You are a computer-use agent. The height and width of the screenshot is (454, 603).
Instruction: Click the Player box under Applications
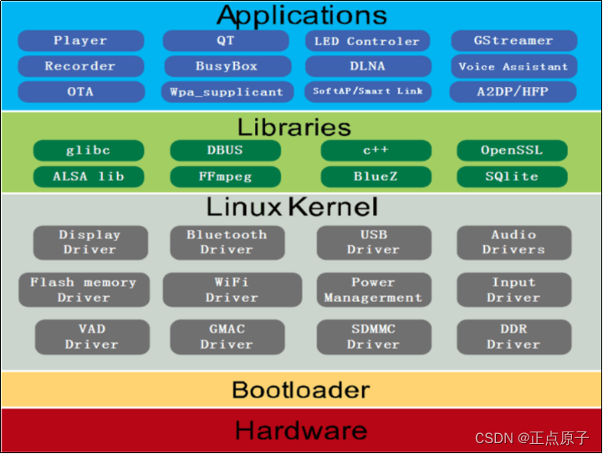(x=80, y=40)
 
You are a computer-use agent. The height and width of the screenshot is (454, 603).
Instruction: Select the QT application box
(x=226, y=40)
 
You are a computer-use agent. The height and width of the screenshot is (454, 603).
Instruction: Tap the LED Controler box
(x=367, y=41)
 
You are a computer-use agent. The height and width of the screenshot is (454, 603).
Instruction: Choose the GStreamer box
(x=514, y=40)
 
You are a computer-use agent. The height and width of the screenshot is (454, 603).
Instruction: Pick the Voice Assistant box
(x=514, y=66)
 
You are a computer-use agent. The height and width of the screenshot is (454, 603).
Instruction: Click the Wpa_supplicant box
(x=226, y=92)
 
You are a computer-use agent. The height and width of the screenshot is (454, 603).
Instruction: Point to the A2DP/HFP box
(x=514, y=92)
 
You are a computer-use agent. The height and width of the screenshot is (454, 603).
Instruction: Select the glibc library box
(x=88, y=150)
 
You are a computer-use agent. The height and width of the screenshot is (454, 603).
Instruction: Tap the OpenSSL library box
(x=512, y=150)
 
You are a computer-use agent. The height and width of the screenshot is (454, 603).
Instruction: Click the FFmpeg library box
(x=226, y=176)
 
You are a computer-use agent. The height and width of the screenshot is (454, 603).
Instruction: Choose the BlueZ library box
(x=376, y=176)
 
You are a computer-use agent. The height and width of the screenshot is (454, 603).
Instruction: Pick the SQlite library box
(x=512, y=176)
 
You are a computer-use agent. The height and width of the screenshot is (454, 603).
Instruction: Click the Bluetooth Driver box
(x=226, y=242)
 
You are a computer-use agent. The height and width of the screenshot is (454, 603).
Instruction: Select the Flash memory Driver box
(x=83, y=289)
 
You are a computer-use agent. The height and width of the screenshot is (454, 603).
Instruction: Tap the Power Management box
(x=373, y=289)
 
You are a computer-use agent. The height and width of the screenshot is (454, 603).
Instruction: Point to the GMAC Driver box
(x=226, y=336)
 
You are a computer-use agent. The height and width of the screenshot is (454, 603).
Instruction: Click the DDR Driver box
(x=514, y=336)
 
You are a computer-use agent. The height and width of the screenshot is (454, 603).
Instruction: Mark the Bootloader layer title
(x=301, y=390)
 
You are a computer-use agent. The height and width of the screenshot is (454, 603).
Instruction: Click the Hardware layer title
(x=301, y=431)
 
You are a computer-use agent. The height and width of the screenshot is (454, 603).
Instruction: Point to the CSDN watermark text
(x=532, y=438)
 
